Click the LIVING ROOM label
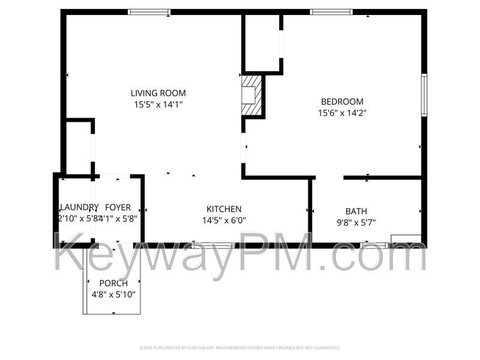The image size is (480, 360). (158, 93)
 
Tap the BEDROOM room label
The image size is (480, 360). (341, 101)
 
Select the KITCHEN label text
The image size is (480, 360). (224, 209)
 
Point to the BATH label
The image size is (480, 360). (356, 211)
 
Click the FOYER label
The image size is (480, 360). (118, 208)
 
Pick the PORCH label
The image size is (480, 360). (113, 283)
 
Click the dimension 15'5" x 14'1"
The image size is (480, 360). (158, 104)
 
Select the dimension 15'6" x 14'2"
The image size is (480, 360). (341, 112)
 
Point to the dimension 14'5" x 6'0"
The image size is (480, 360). (224, 220)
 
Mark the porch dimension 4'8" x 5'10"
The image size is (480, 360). (113, 295)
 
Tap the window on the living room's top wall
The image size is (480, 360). (149, 12)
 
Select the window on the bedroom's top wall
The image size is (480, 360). (331, 12)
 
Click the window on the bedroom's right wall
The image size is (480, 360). (424, 95)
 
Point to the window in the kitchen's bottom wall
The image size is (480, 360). (213, 245)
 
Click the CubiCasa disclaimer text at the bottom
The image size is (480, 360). (239, 347)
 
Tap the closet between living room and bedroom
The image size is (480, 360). (262, 43)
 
